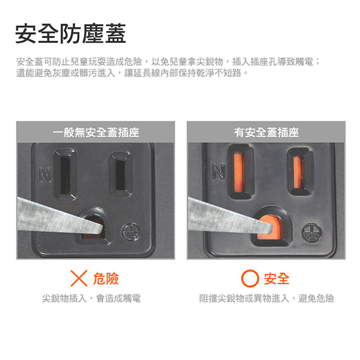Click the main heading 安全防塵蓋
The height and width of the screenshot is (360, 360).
[71, 33]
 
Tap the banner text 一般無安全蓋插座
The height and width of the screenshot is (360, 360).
[96, 133]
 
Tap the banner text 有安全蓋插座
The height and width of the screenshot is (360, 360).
[267, 133]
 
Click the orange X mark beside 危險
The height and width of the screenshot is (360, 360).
[79, 279]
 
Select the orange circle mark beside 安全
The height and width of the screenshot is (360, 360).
[250, 279]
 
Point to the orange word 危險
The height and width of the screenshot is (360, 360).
[106, 279]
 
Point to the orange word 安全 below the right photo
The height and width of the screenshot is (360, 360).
[277, 279]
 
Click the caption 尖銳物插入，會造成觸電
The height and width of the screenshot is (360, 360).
[91, 298]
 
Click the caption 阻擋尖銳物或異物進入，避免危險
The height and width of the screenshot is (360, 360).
[267, 298]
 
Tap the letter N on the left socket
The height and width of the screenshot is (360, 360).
[45, 175]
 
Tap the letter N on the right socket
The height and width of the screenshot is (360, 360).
[219, 171]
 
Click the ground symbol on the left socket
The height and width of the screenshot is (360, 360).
[130, 231]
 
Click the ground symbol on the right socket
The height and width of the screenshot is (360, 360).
[311, 232]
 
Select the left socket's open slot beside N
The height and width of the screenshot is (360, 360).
[65, 174]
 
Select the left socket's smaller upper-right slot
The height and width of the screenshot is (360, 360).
[121, 174]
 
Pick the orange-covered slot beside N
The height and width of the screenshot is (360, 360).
[239, 172]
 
